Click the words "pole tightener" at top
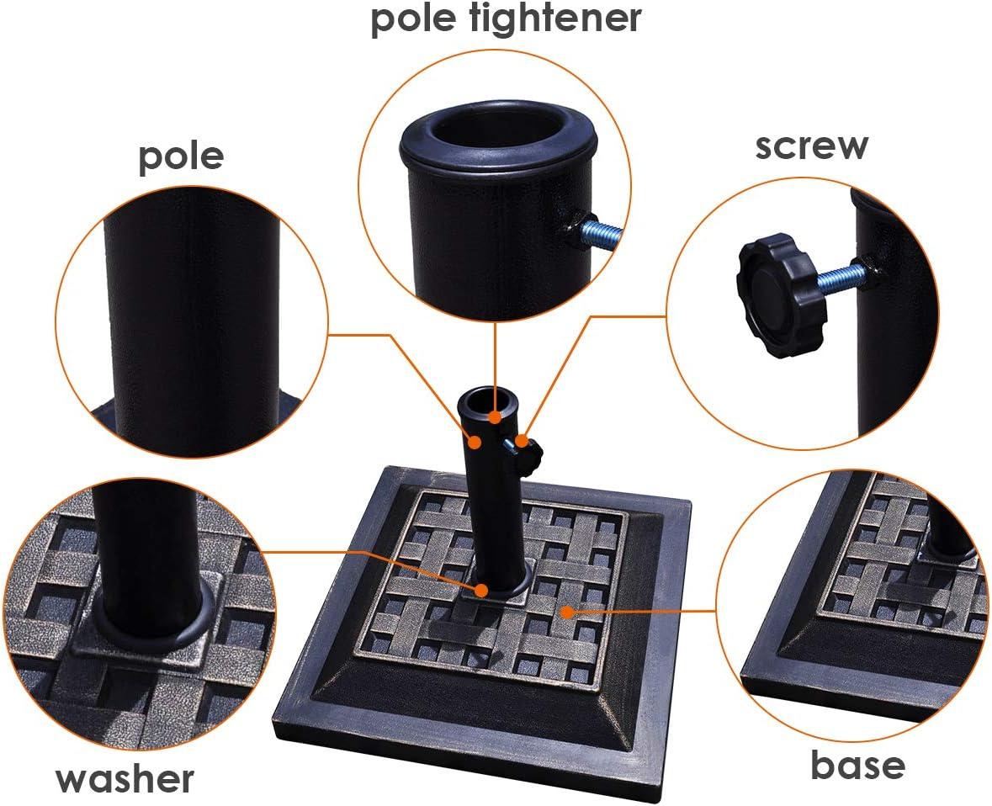click(x=506, y=19)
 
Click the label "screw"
click(x=812, y=146)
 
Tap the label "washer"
click(x=125, y=779)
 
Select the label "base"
click(x=857, y=765)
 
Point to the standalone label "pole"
click(x=181, y=156)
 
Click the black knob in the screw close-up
click(x=782, y=294)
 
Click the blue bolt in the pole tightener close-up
click(x=601, y=233)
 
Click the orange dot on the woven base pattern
click(x=567, y=612)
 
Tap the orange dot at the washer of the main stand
click(x=481, y=591)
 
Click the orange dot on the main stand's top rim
click(x=495, y=416)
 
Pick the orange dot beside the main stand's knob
click(x=522, y=439)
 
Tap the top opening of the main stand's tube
click(x=491, y=400)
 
